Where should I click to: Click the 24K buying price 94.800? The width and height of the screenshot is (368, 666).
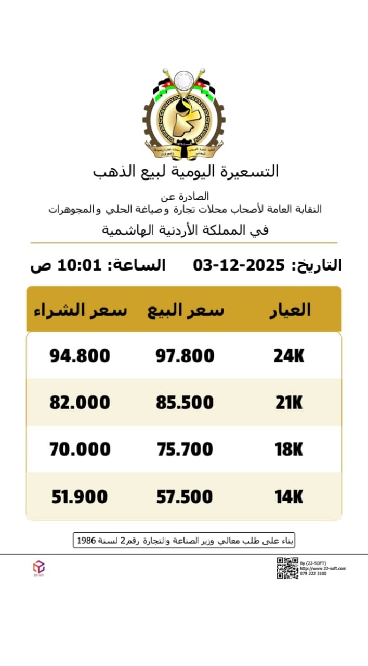[80, 356]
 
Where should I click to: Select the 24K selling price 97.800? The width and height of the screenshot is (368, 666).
[185, 356]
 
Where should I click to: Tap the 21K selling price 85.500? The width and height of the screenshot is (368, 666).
[185, 403]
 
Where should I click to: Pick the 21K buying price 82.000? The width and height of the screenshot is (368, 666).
[80, 403]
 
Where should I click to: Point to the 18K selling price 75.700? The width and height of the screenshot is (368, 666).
[185, 450]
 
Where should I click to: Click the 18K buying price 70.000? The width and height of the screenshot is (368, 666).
[80, 450]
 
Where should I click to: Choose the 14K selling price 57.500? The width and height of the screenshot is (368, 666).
[185, 497]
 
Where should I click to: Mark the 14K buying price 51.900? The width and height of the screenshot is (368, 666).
[80, 497]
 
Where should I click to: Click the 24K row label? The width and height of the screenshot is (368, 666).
[289, 356]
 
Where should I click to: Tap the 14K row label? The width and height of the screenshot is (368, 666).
[289, 497]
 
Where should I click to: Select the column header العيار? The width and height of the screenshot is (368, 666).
[290, 310]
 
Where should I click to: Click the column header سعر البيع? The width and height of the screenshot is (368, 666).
[186, 310]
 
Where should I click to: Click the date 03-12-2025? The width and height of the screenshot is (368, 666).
[239, 265]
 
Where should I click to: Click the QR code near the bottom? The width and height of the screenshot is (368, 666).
[287, 568]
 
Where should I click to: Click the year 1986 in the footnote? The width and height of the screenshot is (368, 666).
[86, 541]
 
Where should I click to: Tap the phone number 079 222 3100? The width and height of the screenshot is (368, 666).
[313, 574]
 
